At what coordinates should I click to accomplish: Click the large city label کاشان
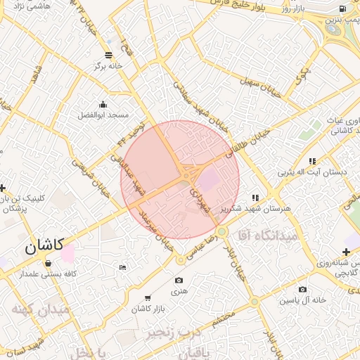[44, 247]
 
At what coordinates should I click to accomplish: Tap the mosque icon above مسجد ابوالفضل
[103, 103]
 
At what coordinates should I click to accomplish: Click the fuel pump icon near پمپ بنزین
[342, 8]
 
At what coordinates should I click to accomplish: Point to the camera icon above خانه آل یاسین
[302, 289]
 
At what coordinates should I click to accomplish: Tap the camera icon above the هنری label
[179, 281]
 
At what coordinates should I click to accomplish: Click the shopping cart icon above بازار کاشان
[147, 298]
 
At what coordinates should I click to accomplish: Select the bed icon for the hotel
[123, 267]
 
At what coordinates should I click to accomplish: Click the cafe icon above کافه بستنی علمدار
[47, 263]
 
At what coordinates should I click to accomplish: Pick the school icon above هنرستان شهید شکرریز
[255, 198]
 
